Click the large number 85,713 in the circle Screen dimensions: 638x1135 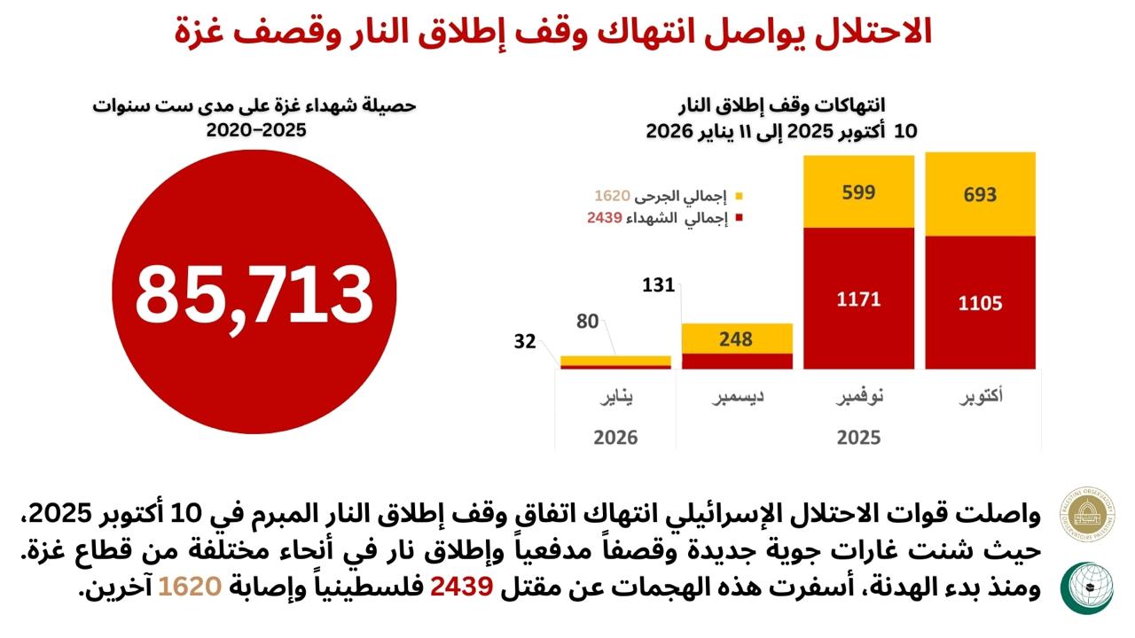point(254,295)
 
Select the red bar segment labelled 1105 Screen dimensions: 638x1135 point(980,303)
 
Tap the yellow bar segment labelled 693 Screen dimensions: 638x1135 point(980,194)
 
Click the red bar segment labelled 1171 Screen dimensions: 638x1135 point(858,299)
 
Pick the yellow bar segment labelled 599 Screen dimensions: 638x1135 point(858,192)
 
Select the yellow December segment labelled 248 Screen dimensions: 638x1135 point(736,338)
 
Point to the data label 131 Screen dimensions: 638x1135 point(659,285)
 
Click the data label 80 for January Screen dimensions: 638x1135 point(587,322)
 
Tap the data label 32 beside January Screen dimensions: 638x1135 point(525,341)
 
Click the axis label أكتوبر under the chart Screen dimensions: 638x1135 point(982,396)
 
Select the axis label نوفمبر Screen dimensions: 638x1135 point(858,396)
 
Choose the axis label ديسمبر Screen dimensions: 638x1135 point(738,396)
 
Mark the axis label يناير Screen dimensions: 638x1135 point(617,396)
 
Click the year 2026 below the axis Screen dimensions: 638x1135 point(616,437)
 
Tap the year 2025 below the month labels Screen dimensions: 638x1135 point(858,437)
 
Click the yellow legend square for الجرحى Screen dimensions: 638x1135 point(739,195)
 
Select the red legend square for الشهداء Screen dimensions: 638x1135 point(739,218)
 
